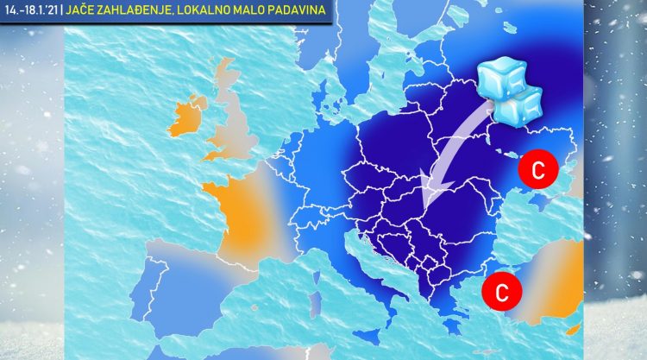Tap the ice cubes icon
(x=509, y=91)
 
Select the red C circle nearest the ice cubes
(x=537, y=170)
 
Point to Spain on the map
(x=185, y=285)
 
